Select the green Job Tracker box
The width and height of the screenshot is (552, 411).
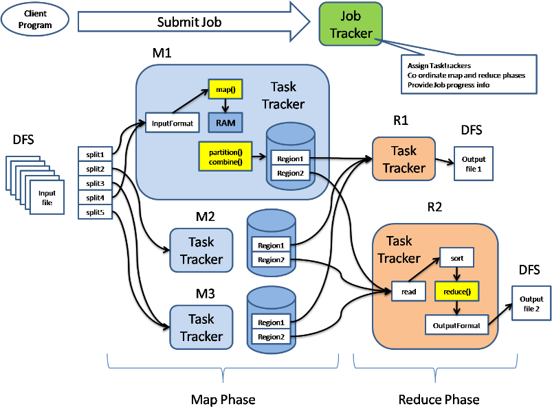350,25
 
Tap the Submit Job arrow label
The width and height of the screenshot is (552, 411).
189,22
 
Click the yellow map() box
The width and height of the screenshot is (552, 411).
225,90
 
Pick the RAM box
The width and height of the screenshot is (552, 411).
225,123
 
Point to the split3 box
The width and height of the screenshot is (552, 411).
96,183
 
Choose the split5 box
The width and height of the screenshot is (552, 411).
96,212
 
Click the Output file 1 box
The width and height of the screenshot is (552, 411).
473,163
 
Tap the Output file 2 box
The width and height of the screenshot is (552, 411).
531,304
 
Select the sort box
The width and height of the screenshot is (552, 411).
457,259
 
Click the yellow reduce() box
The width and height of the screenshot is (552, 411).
456,292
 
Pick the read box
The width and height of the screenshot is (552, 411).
409,292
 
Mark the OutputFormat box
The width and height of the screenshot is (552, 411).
456,324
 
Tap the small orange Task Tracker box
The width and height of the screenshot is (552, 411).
404,159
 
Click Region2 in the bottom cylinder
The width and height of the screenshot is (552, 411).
271,337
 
